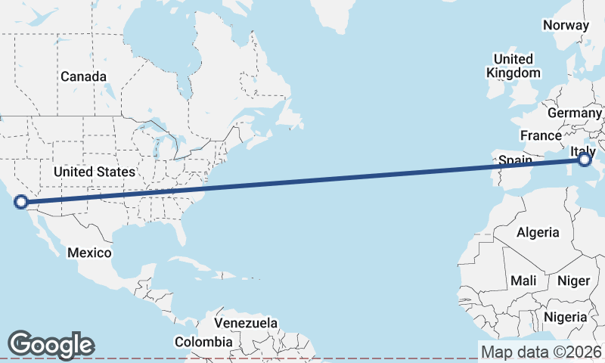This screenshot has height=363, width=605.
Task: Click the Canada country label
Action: click(x=83, y=76)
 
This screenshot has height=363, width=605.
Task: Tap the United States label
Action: click(x=95, y=172)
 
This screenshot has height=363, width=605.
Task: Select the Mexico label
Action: click(x=89, y=253)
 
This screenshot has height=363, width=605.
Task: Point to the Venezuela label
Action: click(x=247, y=323)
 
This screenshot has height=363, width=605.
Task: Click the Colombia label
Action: click(x=203, y=342)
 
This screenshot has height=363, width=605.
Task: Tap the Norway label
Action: click(x=566, y=25)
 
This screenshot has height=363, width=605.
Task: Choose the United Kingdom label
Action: click(x=513, y=66)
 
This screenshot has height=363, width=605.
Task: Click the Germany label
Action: click(x=574, y=112)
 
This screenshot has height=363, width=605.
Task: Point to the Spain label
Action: click(x=514, y=160)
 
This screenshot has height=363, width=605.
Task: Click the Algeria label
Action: click(x=538, y=232)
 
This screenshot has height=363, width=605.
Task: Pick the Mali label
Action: click(x=523, y=281)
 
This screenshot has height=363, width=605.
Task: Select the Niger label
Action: click(x=573, y=281)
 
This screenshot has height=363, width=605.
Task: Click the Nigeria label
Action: click(x=565, y=316)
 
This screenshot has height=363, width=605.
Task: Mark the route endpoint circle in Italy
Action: click(x=584, y=160)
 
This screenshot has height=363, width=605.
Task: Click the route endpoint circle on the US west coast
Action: click(x=21, y=202)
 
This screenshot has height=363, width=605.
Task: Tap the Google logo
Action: click(x=51, y=344)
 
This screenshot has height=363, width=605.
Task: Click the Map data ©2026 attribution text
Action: click(x=541, y=352)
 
